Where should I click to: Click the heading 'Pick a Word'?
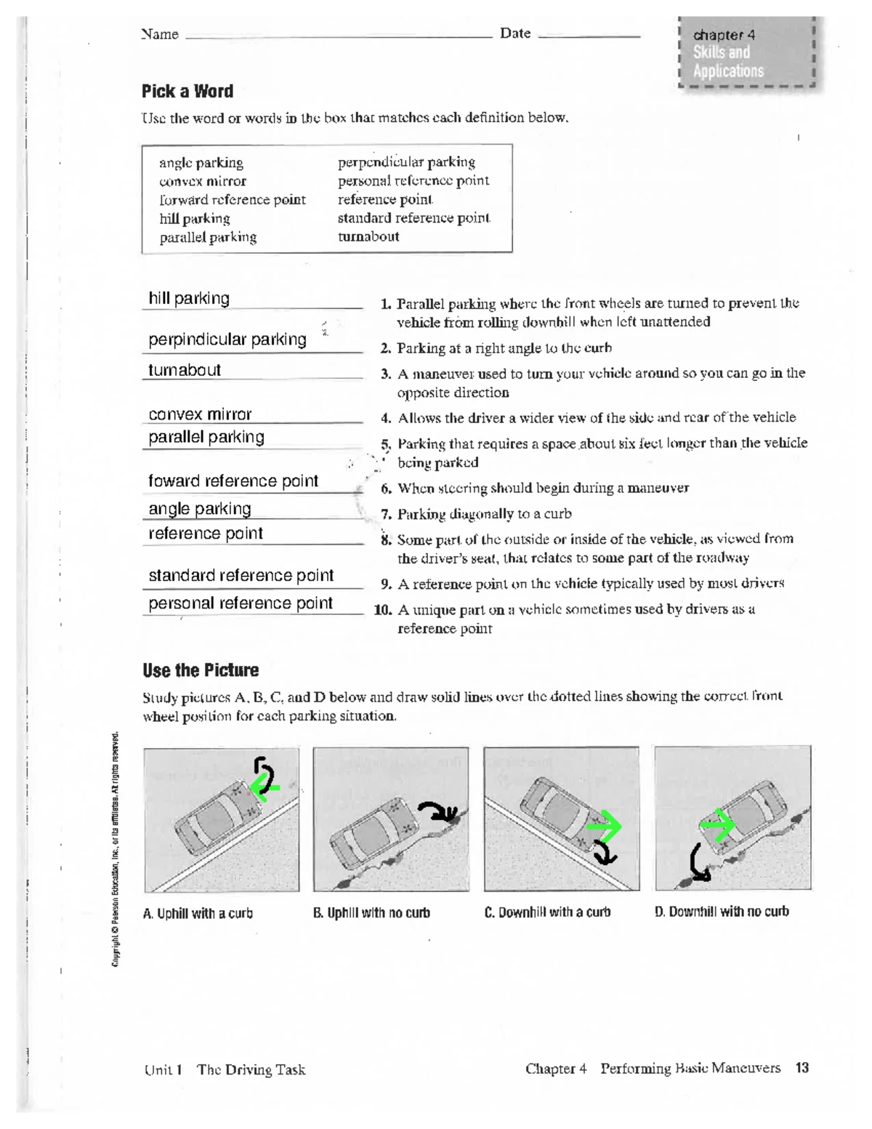[187, 92]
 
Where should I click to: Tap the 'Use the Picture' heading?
[201, 670]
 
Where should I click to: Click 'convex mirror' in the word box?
[203, 181]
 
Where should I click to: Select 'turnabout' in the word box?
[368, 236]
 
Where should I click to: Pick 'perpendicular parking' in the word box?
[406, 162]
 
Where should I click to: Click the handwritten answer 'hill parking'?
[189, 298]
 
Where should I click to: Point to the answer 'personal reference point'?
[241, 603]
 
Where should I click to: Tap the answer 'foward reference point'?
[233, 481]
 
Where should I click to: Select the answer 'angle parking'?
[200, 508]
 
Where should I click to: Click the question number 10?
[383, 610]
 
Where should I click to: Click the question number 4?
[387, 418]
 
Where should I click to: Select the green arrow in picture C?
[605, 827]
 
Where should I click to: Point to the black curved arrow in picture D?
[699, 864]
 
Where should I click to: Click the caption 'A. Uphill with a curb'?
[198, 914]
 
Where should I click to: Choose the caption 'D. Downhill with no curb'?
[722, 912]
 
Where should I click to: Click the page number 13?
[802, 1067]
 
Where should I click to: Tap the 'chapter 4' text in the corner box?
[724, 35]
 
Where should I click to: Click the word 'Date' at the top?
[515, 33]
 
